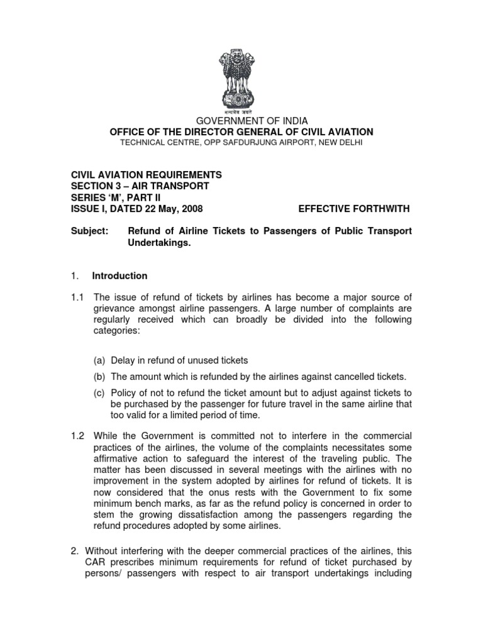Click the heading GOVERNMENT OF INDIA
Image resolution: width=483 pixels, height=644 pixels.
241,121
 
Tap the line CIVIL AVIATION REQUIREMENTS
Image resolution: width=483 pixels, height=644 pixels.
146,175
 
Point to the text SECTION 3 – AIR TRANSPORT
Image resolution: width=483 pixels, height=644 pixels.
140,186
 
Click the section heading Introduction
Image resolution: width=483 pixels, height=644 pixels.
119,275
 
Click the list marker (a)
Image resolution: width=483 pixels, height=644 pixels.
99,360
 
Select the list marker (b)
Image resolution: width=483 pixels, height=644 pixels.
99,377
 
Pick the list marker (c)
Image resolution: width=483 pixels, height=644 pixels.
99,393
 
